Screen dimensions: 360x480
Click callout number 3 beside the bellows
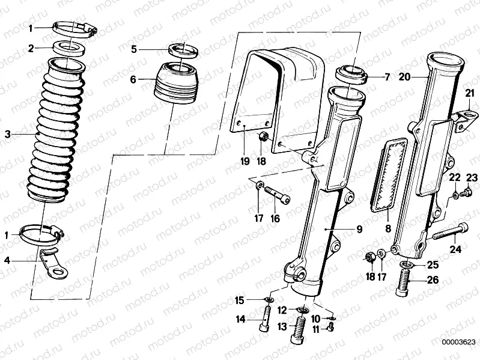point(7,134)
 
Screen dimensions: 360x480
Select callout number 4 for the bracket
point(7,260)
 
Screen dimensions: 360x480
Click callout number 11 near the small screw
point(315,329)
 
